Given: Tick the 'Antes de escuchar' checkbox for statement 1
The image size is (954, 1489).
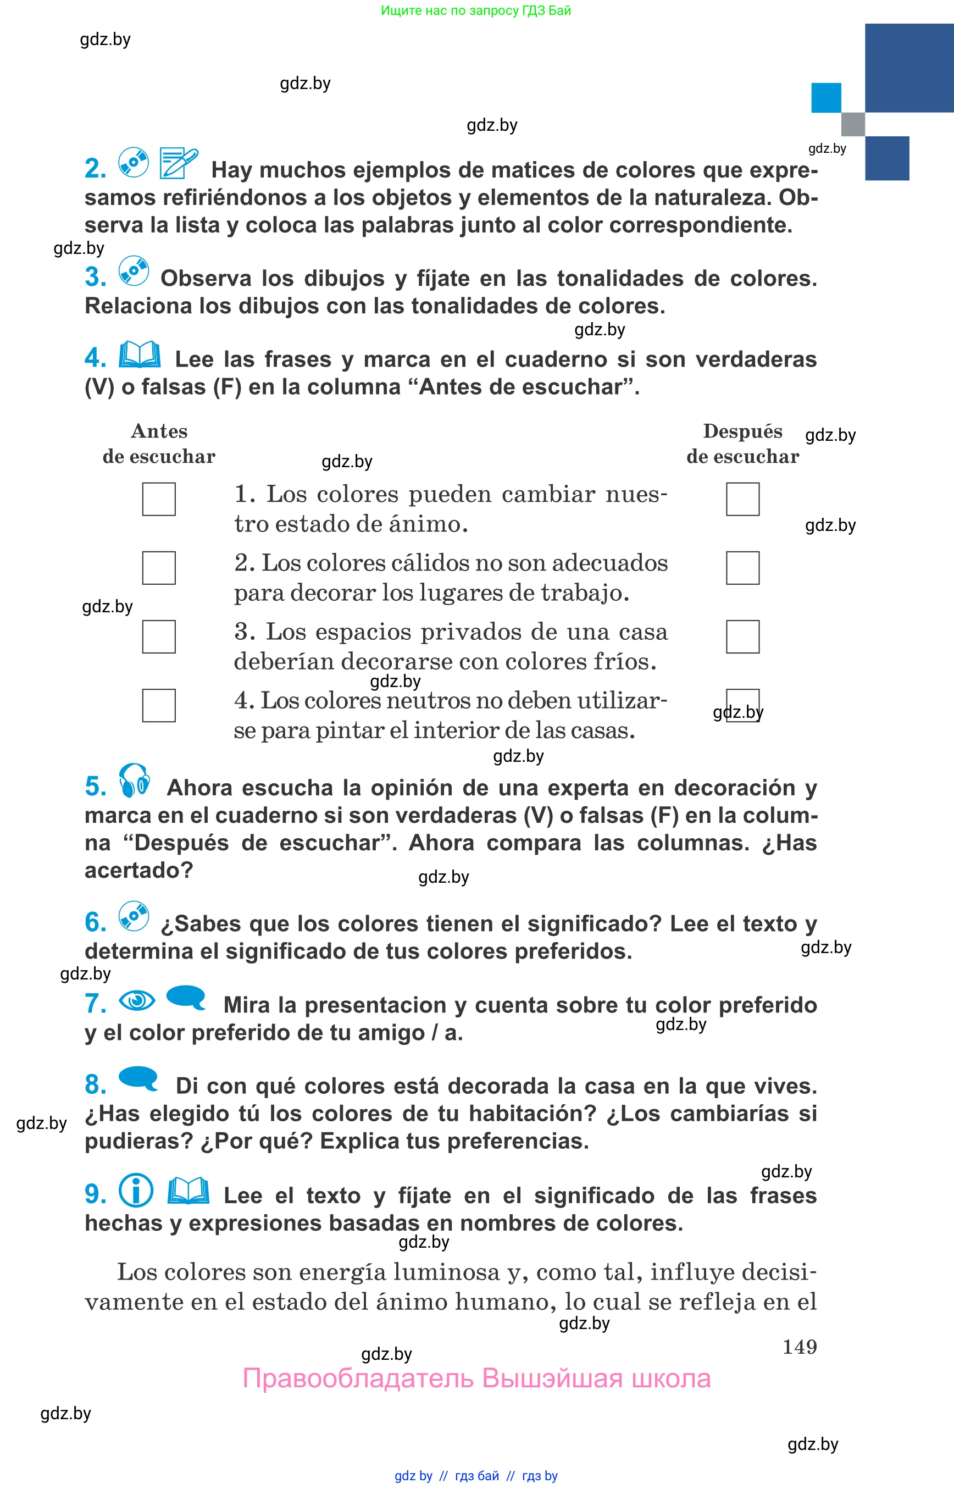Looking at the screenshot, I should (x=159, y=499).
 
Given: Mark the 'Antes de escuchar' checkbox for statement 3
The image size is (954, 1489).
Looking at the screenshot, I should (x=159, y=636).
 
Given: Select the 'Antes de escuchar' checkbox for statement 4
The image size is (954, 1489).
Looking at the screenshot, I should (x=159, y=705).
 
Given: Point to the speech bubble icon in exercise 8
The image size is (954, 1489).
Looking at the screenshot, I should (x=138, y=1078).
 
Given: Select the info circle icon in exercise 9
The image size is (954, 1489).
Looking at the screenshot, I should (x=136, y=1191).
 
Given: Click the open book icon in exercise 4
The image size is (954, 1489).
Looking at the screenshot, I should (x=140, y=355).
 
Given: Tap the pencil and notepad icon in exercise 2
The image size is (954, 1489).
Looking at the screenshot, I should (x=178, y=163).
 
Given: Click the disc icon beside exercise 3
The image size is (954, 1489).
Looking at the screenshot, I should (x=134, y=272).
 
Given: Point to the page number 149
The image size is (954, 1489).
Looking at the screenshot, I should (x=799, y=1347).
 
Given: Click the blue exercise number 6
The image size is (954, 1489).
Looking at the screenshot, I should (x=96, y=922).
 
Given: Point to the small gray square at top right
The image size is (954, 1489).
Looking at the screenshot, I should (x=852, y=124).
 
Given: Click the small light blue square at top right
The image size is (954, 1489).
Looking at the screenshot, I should (x=826, y=98).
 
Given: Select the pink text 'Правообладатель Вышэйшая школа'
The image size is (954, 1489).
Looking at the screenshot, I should (x=476, y=1378).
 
